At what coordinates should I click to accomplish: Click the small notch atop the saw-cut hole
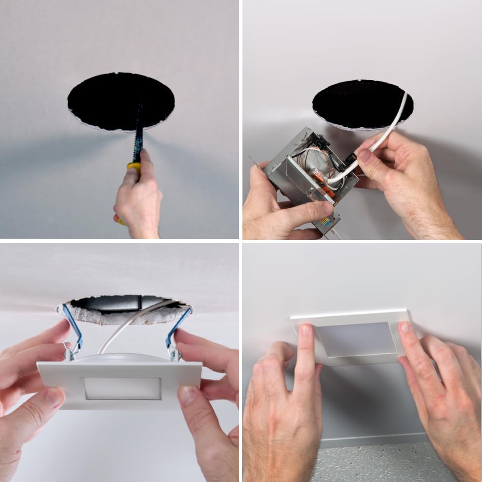(x=118, y=73)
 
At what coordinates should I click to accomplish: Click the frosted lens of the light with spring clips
(x=121, y=388)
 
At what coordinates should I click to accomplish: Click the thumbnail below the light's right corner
(x=187, y=395)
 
